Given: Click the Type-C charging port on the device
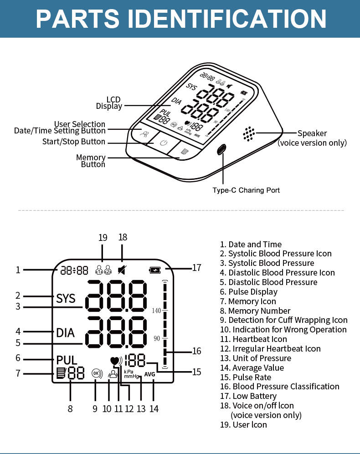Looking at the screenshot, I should (x=222, y=149).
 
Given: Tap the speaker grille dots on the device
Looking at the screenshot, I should (x=248, y=133).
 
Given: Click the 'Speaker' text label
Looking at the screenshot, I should (x=312, y=133).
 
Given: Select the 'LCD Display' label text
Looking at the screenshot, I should (x=109, y=103).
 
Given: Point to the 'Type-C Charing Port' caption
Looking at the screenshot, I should (x=246, y=190).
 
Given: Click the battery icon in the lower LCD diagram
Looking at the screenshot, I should (x=155, y=270).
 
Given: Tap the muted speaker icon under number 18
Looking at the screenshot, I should (x=122, y=270).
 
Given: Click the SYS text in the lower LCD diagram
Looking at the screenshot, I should (x=66, y=299).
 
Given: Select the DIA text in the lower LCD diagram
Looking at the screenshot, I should (x=65, y=332).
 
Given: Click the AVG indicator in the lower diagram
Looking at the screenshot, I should (x=150, y=374).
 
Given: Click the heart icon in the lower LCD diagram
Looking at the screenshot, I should (x=115, y=361).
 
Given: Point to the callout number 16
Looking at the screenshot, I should (x=196, y=351).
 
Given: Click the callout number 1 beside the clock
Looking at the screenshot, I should (x=18, y=270).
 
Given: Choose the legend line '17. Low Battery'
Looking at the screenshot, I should (x=248, y=396).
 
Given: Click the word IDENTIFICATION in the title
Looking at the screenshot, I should (x=224, y=19).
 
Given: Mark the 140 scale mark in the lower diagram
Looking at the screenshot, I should (x=157, y=311).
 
